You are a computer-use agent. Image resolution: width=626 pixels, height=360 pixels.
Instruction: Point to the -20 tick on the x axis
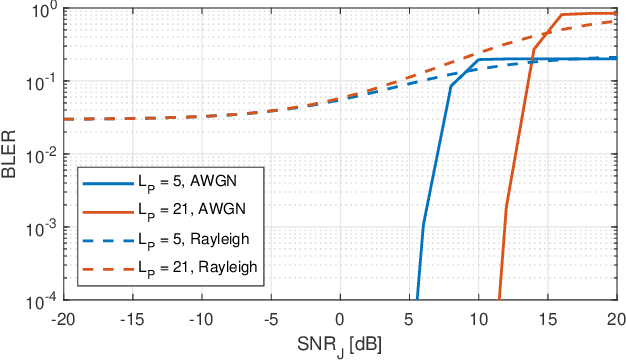coord(61,318)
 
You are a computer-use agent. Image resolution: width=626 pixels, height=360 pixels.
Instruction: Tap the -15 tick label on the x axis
coord(131,318)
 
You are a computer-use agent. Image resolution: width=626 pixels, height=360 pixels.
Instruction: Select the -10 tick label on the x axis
coord(200,318)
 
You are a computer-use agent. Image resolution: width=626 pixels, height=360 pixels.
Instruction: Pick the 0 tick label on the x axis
coord(340,318)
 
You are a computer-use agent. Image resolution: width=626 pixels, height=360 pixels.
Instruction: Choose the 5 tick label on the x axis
coord(410,318)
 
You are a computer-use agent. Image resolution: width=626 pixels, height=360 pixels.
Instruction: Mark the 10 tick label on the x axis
coord(480,318)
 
